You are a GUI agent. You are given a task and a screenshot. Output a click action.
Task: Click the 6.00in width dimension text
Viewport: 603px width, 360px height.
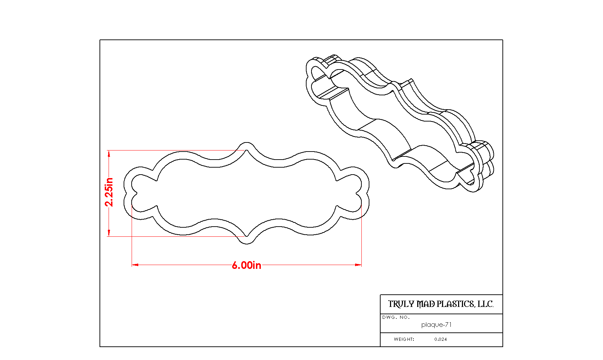247,265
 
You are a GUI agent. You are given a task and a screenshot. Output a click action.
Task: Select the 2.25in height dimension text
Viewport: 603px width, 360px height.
109,192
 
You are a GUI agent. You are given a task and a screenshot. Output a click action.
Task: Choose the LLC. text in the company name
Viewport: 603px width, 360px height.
485,304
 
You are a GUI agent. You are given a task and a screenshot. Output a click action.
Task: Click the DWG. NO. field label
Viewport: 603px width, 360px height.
396,317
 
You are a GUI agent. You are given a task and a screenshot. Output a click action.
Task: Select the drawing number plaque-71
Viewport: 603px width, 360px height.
436,325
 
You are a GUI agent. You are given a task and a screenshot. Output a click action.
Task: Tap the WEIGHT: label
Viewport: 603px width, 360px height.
404,339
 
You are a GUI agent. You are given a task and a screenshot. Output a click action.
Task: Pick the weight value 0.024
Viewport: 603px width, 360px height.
441,339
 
